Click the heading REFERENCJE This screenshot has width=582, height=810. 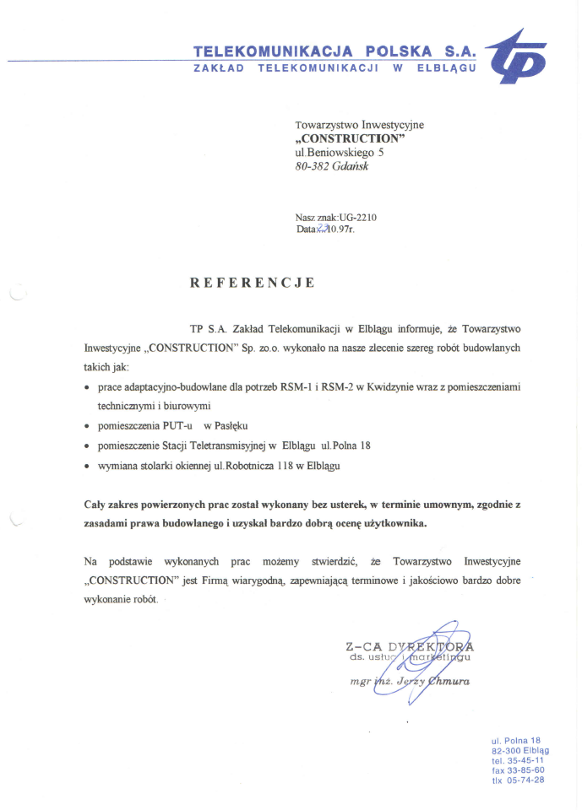coord(253,283)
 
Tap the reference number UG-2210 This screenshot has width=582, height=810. coord(358,217)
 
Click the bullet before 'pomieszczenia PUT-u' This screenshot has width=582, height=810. coord(89,425)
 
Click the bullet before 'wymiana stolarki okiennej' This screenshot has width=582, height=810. coord(89,466)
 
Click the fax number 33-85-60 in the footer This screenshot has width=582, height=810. coord(525,769)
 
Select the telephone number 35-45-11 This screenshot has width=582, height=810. coord(524,759)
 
